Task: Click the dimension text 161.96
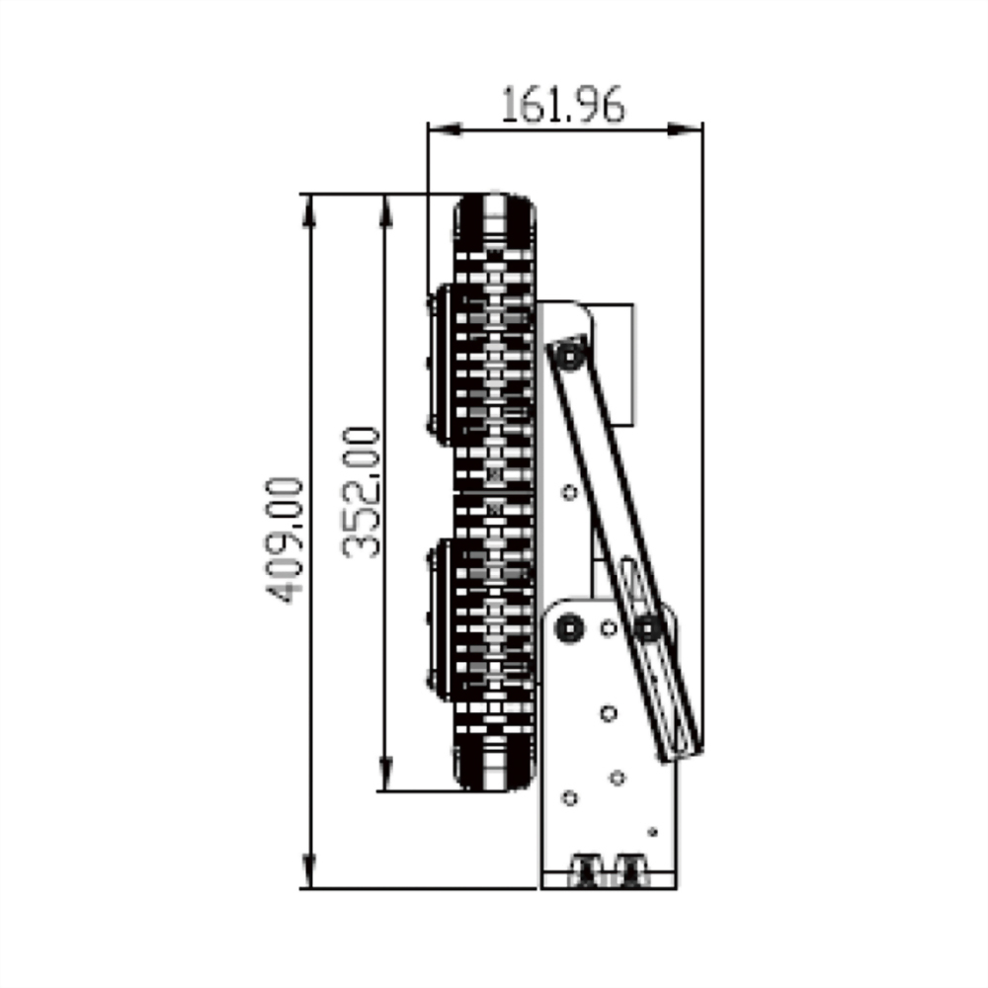click(563, 104)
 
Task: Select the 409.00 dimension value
click(285, 540)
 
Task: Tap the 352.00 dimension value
click(362, 492)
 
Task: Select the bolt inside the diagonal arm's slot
click(648, 625)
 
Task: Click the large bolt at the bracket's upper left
click(569, 627)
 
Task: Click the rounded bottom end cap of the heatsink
click(496, 765)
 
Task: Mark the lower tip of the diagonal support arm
click(682, 752)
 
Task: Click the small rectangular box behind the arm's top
click(617, 364)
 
